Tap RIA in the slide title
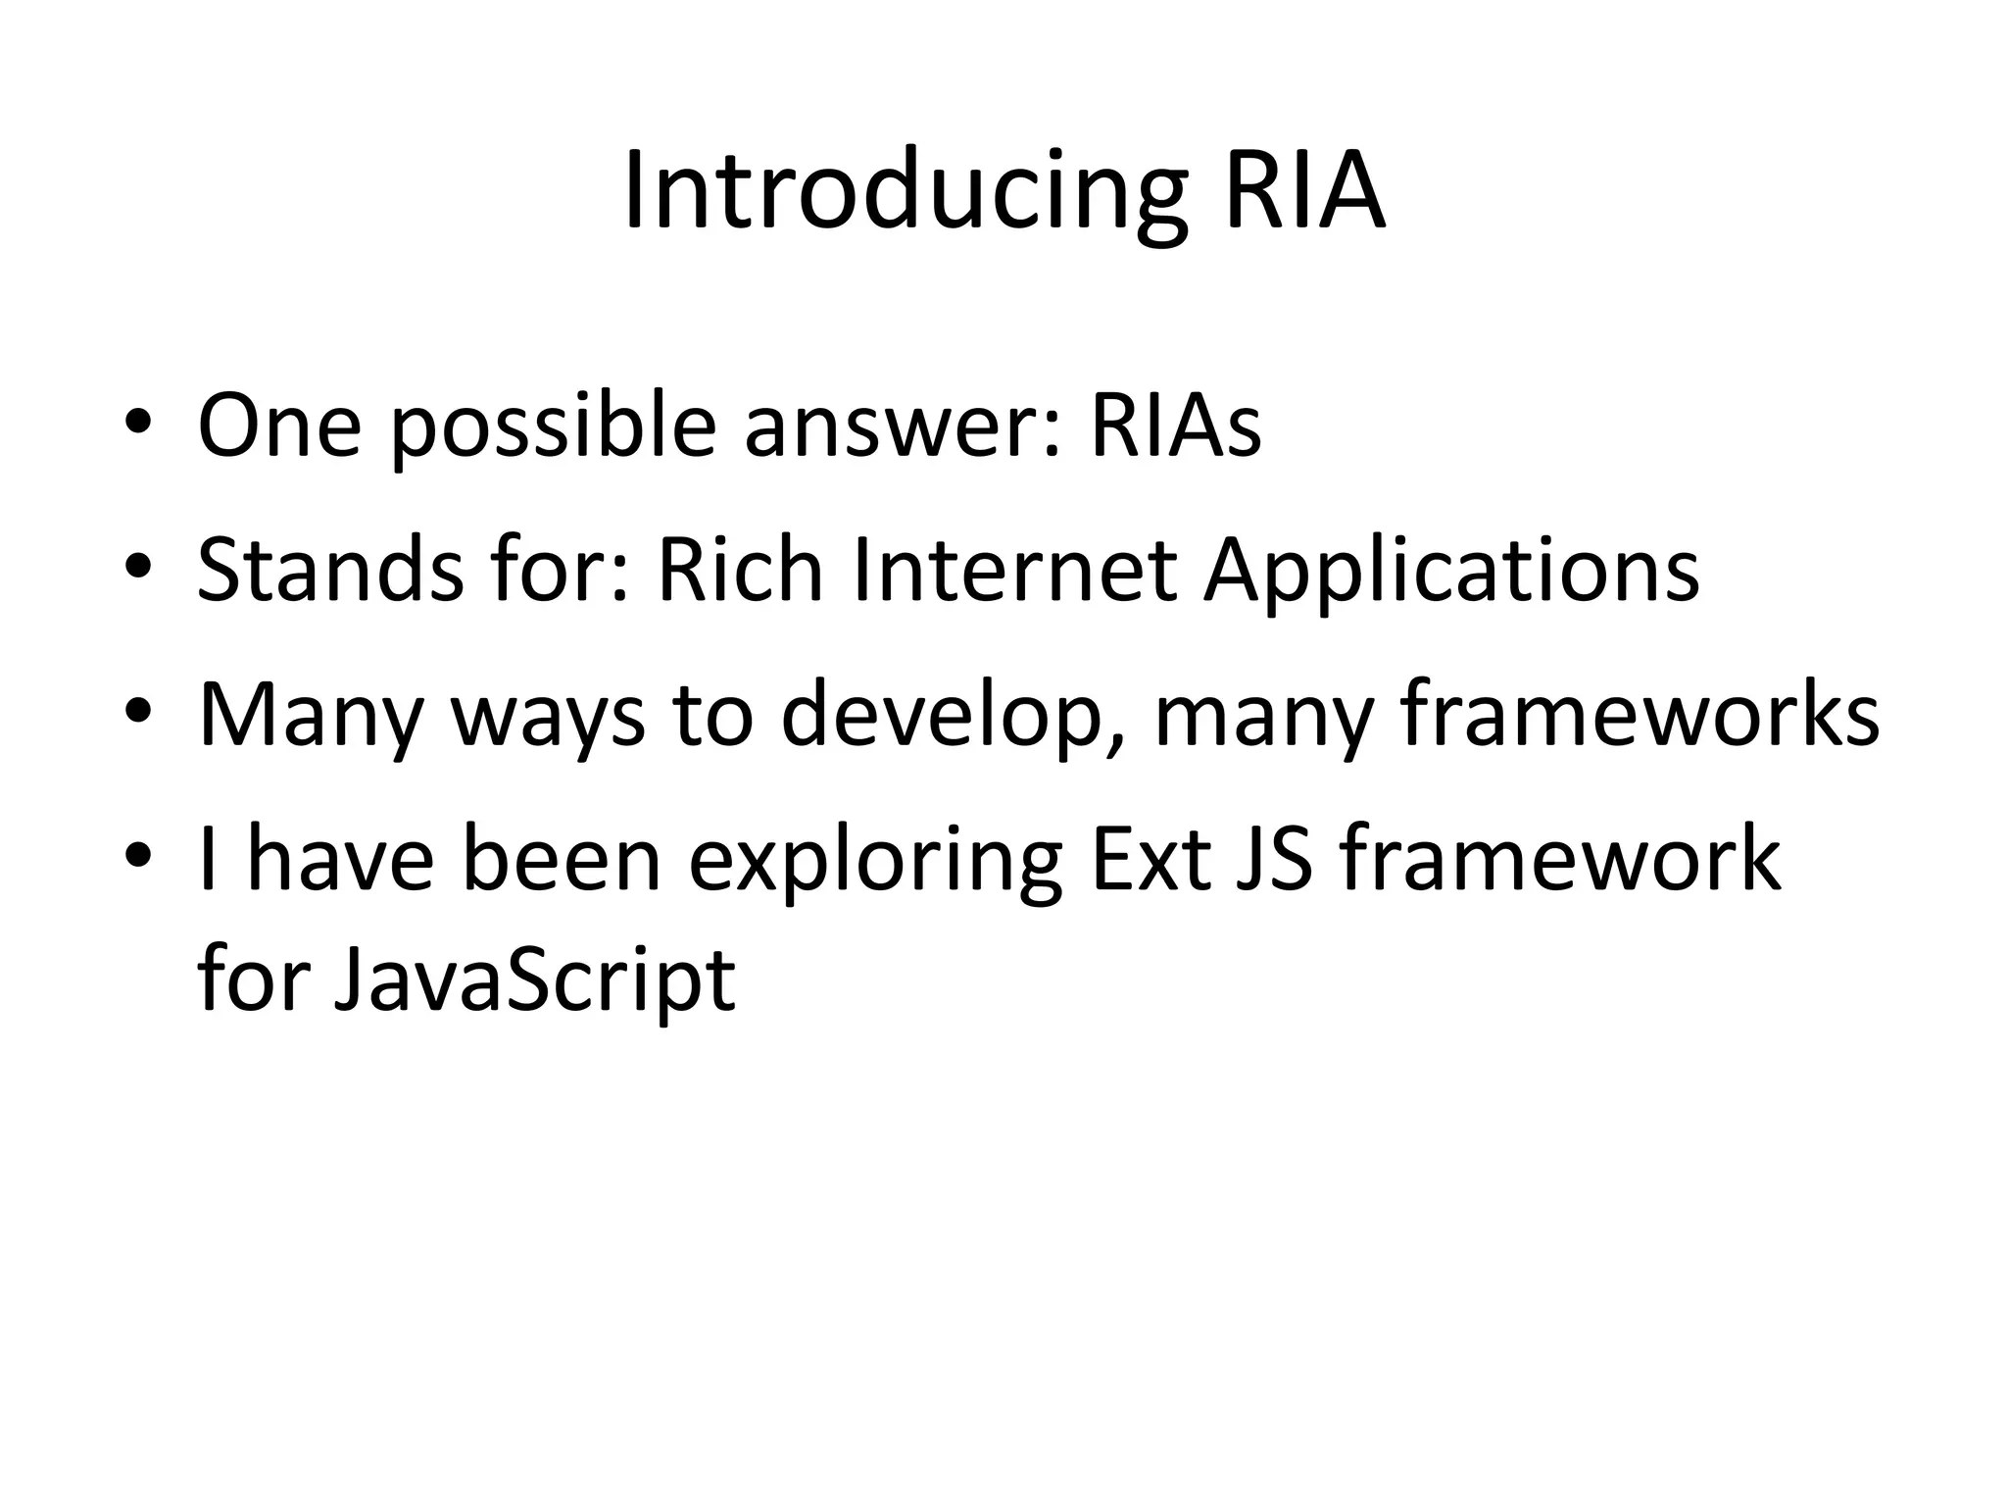(x=1304, y=190)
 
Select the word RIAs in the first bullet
(x=1175, y=427)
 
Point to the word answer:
(x=903, y=427)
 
